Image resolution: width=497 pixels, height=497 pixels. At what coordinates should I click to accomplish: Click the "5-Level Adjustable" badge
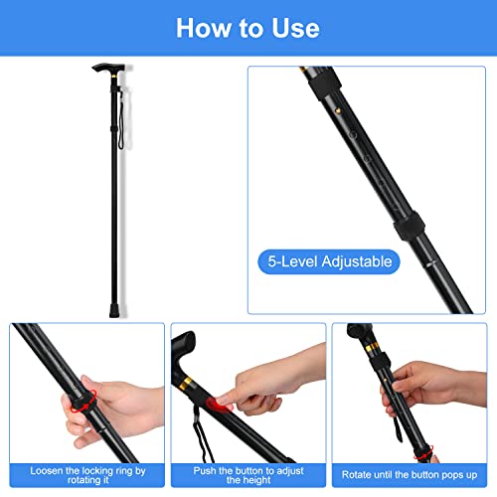329,262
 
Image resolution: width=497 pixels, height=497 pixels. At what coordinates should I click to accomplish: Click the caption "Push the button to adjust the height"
248,473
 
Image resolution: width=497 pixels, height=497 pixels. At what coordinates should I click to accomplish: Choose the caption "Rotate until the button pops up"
411,474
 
